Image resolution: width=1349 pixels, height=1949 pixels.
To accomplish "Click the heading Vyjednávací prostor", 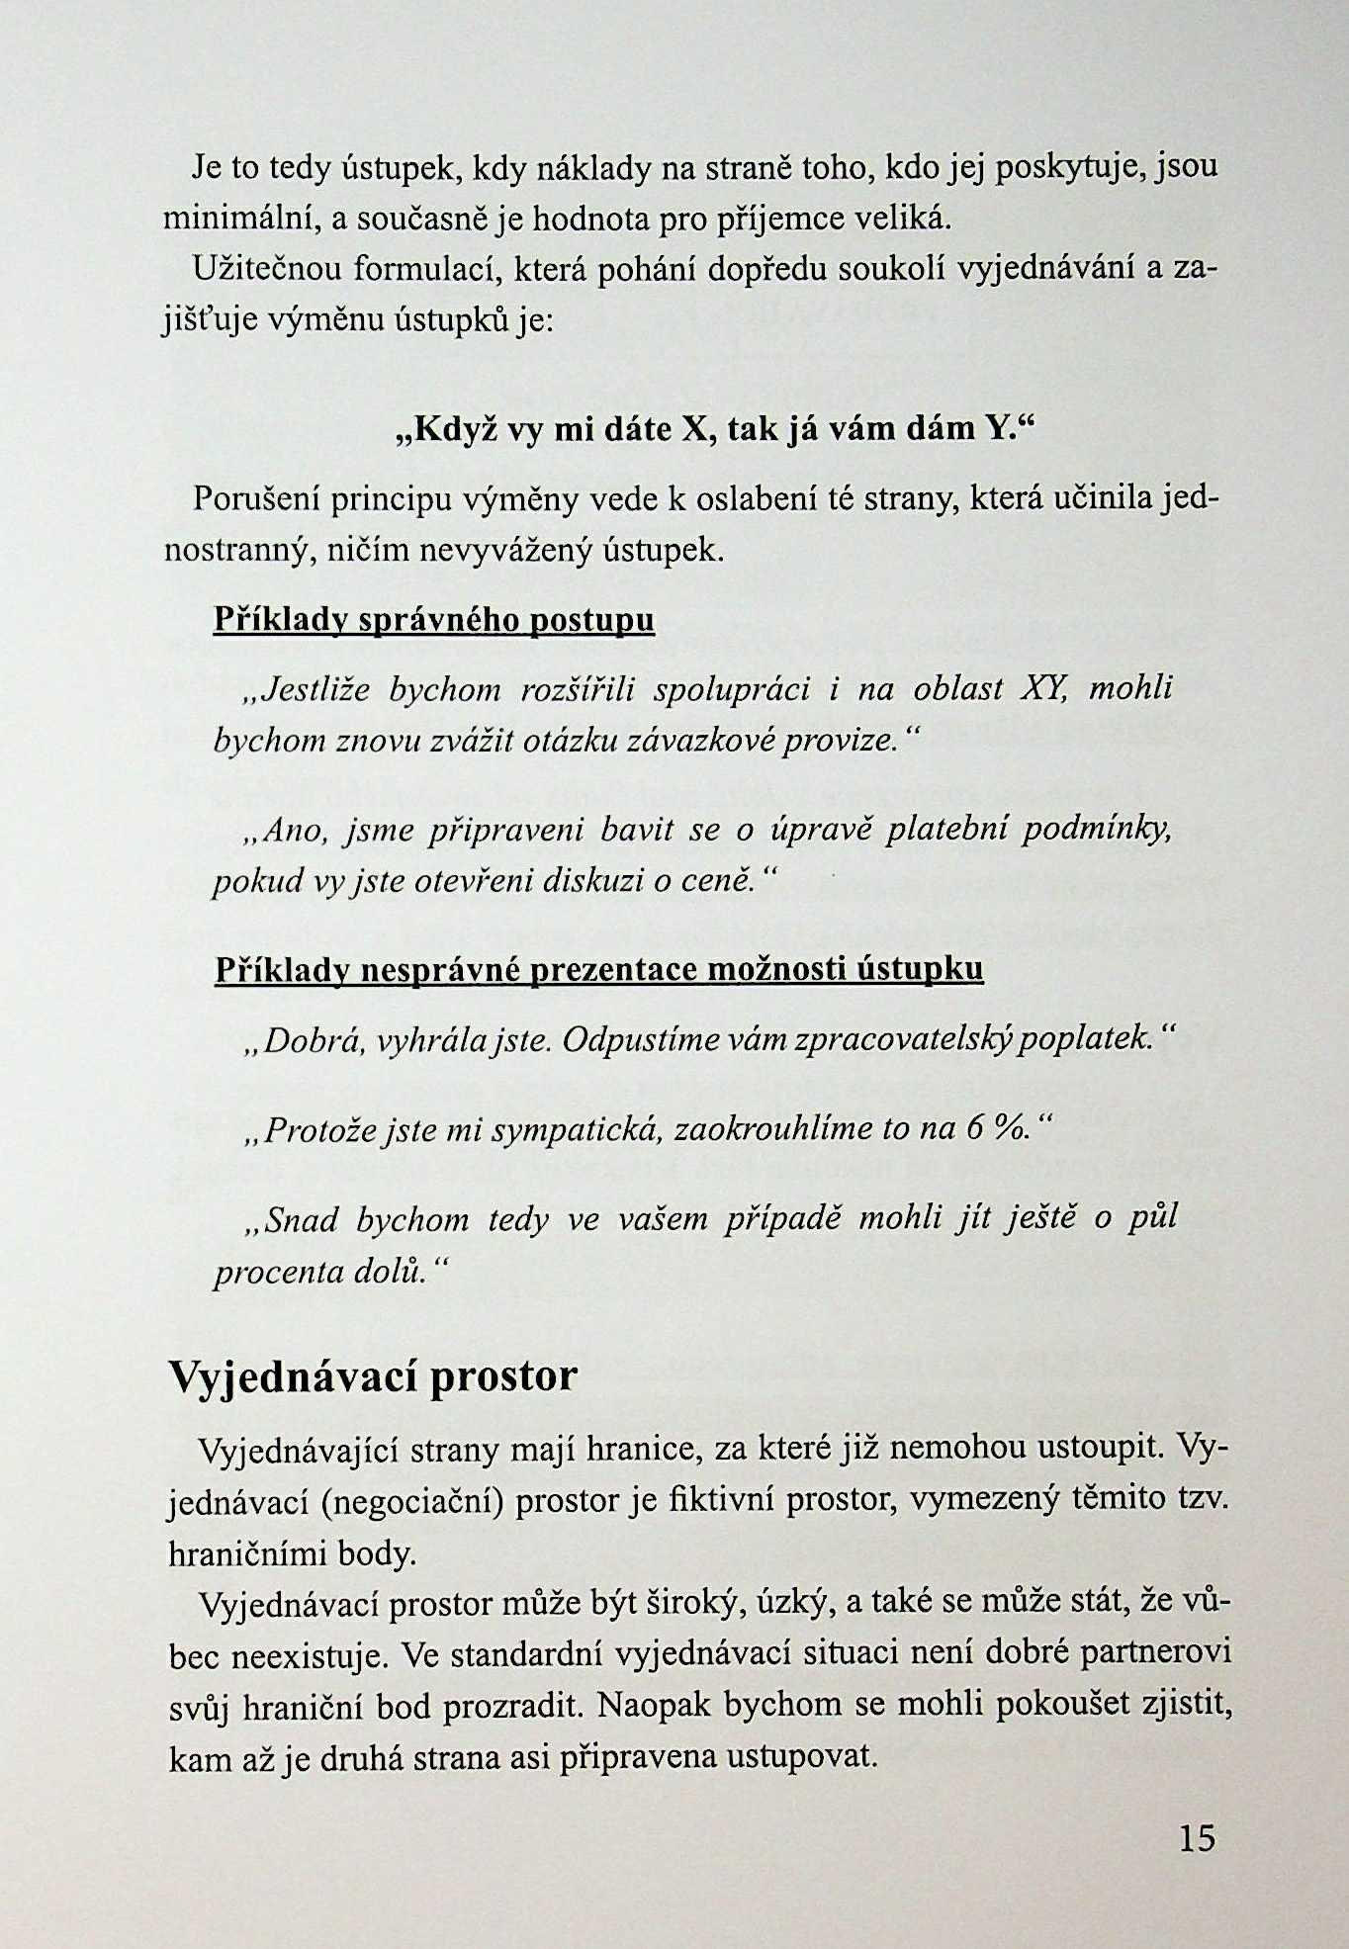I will [373, 1375].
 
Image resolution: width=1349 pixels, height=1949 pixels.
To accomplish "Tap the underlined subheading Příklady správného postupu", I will [434, 620].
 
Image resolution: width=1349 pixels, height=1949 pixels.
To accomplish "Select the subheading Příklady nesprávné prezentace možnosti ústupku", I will [599, 969].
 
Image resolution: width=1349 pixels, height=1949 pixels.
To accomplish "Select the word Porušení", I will [255, 498].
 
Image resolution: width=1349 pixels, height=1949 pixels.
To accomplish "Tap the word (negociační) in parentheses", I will [413, 1502].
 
